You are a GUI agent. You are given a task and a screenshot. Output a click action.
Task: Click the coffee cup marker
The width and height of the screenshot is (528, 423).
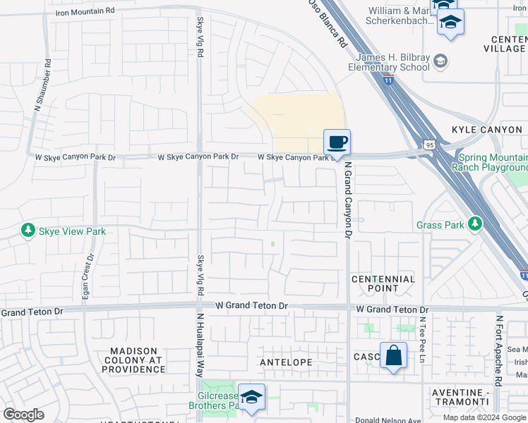click(337, 142)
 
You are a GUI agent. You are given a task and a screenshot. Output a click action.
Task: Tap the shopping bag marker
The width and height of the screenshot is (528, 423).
click(393, 355)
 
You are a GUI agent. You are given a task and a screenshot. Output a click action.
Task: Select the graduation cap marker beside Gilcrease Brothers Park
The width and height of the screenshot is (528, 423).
click(251, 397)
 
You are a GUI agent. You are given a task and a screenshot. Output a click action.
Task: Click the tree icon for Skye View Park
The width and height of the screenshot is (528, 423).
click(28, 231)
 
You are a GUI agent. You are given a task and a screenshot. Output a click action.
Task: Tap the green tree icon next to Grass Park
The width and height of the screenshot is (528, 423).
click(475, 225)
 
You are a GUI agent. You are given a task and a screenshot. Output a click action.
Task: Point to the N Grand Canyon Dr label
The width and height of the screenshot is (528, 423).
click(348, 201)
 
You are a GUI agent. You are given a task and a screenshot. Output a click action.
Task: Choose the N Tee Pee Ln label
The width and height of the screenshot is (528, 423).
click(423, 339)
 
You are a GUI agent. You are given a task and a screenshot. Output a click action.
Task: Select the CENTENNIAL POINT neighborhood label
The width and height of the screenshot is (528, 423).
click(384, 283)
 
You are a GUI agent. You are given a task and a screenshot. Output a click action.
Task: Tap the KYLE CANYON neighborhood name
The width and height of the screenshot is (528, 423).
click(487, 130)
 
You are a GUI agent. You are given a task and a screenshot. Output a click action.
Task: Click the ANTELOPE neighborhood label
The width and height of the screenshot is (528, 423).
click(286, 362)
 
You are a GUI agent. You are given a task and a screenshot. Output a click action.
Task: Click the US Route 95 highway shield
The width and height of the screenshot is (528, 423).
click(430, 145)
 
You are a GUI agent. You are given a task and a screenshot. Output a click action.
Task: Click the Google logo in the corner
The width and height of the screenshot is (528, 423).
click(24, 415)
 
